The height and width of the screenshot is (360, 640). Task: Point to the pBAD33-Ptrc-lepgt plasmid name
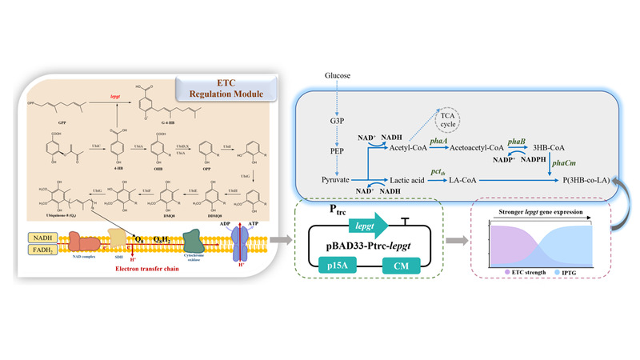(374, 246)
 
